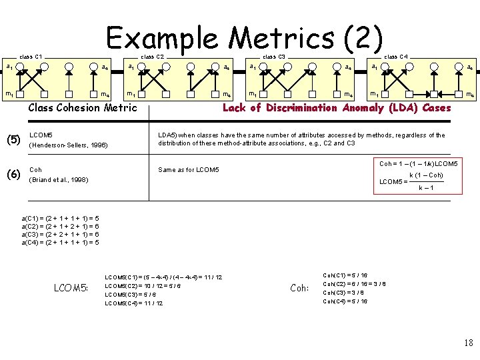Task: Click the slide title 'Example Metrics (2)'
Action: coord(245,38)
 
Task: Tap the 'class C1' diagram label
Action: coord(31,57)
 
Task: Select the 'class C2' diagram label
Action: coord(153,57)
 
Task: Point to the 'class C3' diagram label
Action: coord(274,57)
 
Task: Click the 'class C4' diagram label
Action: coord(396,57)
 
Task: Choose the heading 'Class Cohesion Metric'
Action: coord(83,108)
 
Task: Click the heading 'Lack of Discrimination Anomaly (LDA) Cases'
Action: coord(337,108)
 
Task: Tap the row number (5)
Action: coord(13,140)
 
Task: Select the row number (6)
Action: coord(13,175)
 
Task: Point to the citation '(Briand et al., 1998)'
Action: coord(60,180)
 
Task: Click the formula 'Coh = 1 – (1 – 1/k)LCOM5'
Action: coord(418,164)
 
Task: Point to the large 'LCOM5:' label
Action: coord(71,288)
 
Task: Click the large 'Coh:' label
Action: coord(299,288)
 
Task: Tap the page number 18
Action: coord(467,343)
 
